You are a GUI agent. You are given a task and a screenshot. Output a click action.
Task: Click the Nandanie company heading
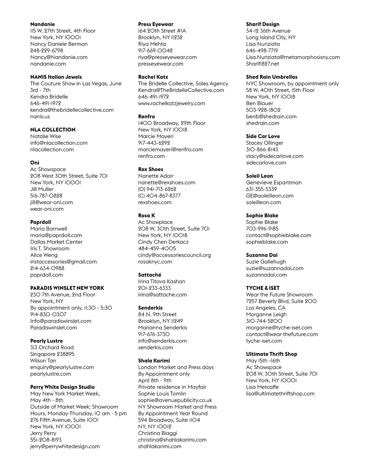click(43, 24)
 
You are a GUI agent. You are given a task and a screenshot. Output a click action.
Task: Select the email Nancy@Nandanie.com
click(59, 57)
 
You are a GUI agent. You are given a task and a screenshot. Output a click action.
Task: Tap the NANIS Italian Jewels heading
click(56, 77)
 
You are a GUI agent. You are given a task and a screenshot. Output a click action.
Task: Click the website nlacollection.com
click(52, 150)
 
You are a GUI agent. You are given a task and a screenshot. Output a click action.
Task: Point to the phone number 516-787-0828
click(46, 196)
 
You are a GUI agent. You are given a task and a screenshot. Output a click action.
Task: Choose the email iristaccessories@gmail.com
click(63, 262)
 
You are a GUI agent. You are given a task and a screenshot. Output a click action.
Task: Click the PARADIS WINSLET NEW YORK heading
click(67, 288)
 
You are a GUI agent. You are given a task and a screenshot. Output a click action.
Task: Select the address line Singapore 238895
click(52, 354)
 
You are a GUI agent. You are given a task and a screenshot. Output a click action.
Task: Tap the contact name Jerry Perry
click(43, 433)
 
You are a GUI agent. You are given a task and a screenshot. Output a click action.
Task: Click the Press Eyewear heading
click(156, 24)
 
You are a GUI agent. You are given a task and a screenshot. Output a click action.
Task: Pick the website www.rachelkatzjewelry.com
click(172, 103)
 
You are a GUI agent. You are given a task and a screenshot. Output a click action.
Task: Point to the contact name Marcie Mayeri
click(156, 136)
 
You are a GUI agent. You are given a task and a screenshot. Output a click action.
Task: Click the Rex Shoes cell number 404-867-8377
click(159, 196)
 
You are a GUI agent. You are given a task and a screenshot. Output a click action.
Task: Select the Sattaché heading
click(150, 275)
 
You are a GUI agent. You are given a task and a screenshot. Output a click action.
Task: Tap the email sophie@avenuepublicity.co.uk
click(175, 400)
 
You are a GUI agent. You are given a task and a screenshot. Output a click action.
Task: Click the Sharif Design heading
click(263, 24)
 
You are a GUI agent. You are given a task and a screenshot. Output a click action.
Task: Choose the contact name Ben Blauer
click(259, 103)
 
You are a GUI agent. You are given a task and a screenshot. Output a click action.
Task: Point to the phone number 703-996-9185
click(262, 229)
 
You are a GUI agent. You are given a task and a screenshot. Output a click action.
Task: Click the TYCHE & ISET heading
click(263, 288)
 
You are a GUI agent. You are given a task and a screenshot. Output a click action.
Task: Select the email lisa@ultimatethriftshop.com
click(280, 394)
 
